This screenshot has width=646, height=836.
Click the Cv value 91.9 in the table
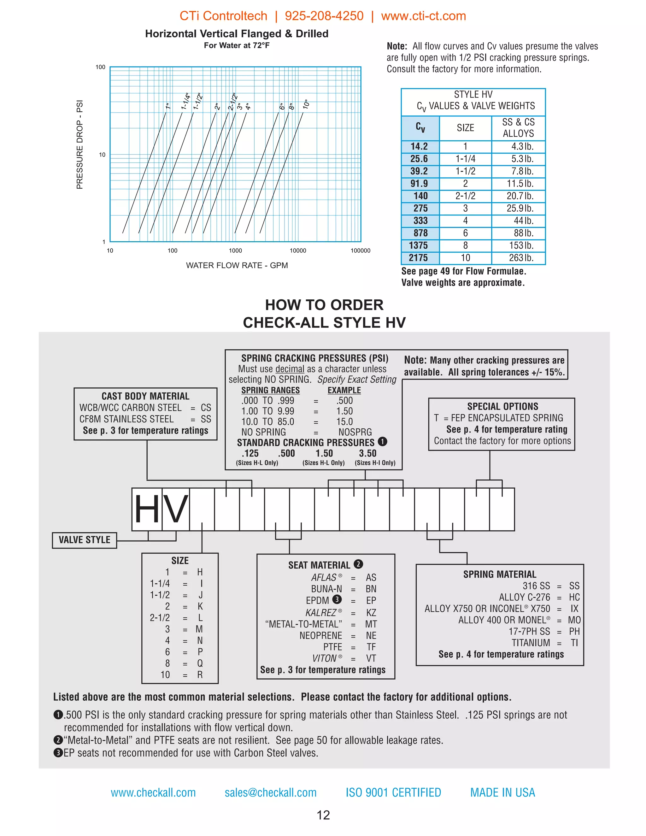click(419, 183)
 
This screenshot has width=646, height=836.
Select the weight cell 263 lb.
click(521, 258)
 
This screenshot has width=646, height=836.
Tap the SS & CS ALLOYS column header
click(518, 128)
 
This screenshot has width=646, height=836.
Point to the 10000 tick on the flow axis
click(298, 251)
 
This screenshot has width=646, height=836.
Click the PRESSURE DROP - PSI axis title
click(79, 145)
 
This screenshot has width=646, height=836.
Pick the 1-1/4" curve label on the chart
click(185, 102)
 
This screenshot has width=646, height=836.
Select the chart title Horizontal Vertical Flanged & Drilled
click(237, 34)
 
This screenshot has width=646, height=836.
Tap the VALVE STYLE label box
click(84, 540)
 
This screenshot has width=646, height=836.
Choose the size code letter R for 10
click(200, 675)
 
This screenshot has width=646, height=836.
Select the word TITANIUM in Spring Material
click(531, 643)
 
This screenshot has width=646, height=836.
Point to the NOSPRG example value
click(355, 432)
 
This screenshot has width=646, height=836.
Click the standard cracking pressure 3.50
click(367, 453)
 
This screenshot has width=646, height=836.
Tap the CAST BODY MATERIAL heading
click(145, 396)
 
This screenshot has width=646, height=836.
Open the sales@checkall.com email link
click(271, 792)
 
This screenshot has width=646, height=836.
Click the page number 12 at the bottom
click(323, 815)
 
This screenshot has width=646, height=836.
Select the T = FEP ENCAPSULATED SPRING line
click(498, 418)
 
